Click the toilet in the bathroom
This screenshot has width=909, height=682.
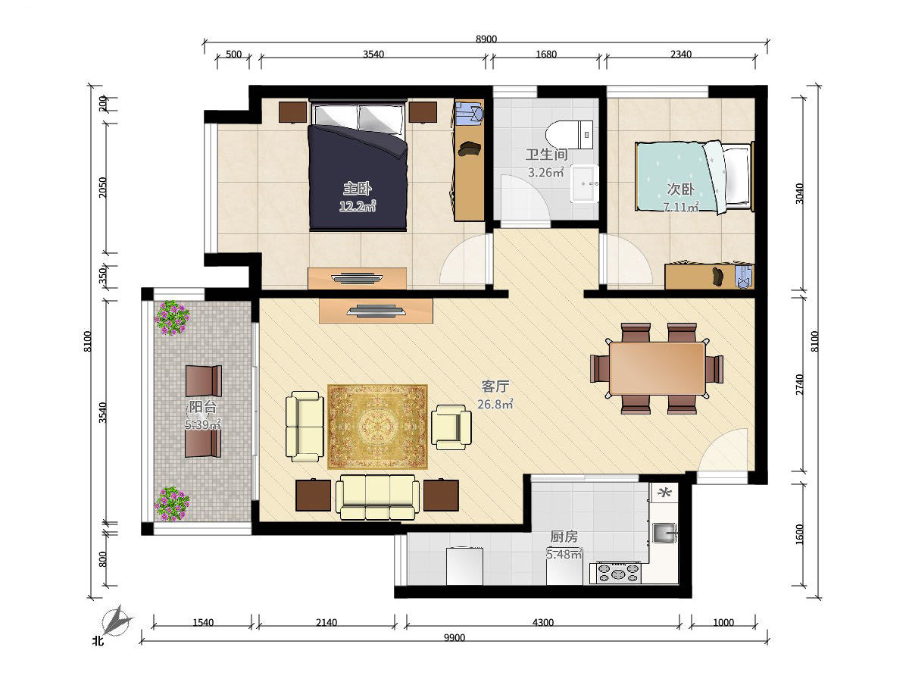click(x=569, y=135)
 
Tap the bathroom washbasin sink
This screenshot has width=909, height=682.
click(x=585, y=183)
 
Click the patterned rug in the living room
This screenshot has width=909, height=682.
click(x=378, y=427)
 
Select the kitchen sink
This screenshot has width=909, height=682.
click(x=664, y=533)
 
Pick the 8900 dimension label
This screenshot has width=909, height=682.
click(x=486, y=39)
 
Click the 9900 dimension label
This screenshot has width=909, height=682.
click(x=454, y=638)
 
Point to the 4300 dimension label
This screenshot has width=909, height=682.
click(x=543, y=622)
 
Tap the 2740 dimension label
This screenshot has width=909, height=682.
click(x=800, y=384)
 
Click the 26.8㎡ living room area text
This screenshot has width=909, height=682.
click(x=495, y=404)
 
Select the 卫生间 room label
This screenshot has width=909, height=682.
click(x=546, y=155)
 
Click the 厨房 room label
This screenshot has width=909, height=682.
click(x=564, y=537)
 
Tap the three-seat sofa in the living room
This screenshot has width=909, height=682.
click(x=377, y=497)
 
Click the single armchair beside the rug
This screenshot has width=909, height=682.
click(x=451, y=427)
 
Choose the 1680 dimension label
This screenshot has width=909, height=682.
click(x=546, y=55)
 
